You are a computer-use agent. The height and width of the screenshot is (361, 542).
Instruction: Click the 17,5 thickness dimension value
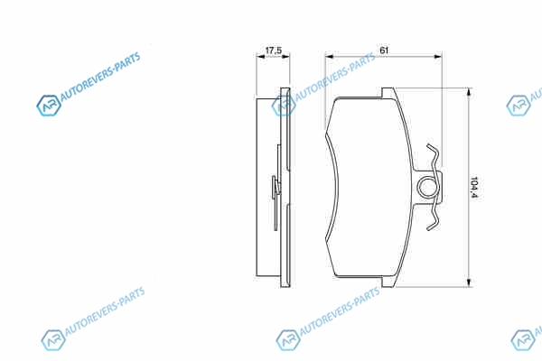click(274, 51)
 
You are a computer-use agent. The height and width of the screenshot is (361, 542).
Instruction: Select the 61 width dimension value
click(384, 51)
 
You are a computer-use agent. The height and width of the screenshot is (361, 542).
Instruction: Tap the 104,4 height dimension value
click(474, 187)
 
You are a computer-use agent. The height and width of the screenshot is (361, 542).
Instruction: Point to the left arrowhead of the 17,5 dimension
click(260, 56)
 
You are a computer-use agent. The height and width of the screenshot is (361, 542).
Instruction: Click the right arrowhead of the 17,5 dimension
click(285, 56)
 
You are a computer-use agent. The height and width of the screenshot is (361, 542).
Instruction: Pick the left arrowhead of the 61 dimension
click(330, 56)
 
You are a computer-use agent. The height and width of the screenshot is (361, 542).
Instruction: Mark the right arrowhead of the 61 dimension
click(437, 56)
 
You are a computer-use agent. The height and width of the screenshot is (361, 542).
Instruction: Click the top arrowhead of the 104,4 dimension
click(469, 93)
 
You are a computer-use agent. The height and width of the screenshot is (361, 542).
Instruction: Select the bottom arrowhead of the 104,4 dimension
click(469, 282)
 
